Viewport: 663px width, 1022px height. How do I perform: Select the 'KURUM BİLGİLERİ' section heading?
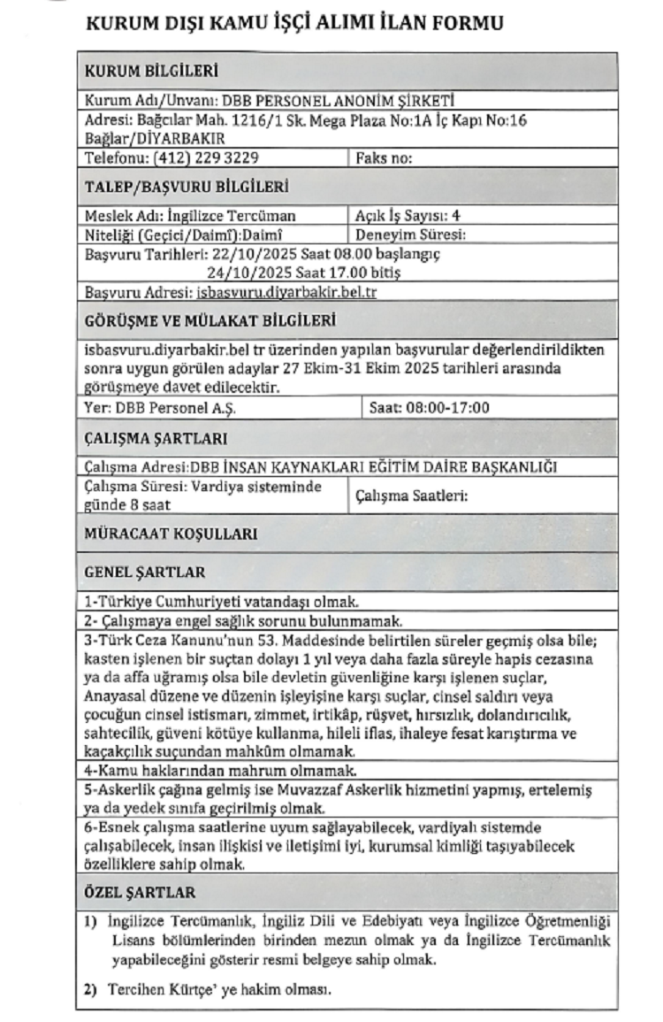pyautogui.click(x=151, y=72)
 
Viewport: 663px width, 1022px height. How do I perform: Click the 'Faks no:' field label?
pyautogui.click(x=385, y=158)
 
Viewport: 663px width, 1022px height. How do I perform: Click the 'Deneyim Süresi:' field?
pyautogui.click(x=409, y=235)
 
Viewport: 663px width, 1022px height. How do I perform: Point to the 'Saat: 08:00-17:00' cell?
pyautogui.click(x=428, y=409)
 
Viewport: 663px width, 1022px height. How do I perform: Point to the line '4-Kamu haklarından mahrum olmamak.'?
pyautogui.click(x=220, y=771)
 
